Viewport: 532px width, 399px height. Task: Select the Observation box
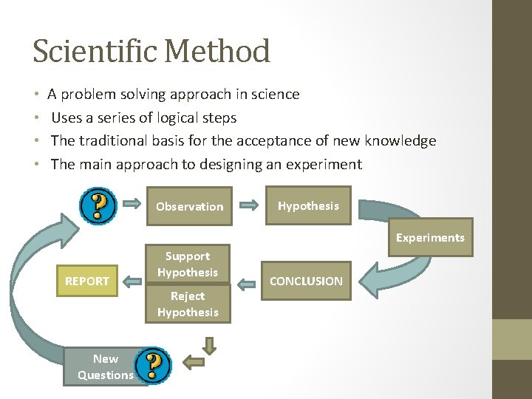[x=189, y=207]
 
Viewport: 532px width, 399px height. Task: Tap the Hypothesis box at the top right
[x=308, y=206]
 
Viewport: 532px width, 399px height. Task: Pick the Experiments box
[x=430, y=237]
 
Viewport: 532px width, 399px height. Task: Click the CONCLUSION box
[x=306, y=281]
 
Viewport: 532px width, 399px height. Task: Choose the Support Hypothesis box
[x=187, y=264]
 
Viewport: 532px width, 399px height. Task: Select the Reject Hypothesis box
[x=187, y=304]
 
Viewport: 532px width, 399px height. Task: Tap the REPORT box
[x=87, y=281]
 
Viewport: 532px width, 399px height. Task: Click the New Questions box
[x=105, y=366]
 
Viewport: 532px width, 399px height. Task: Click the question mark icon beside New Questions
[x=154, y=365]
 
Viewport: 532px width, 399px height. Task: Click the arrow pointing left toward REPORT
[x=133, y=281]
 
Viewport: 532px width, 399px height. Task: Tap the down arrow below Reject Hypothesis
[x=210, y=345]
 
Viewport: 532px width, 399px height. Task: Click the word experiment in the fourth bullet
[x=325, y=164]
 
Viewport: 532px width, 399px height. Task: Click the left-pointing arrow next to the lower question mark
[x=193, y=361]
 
